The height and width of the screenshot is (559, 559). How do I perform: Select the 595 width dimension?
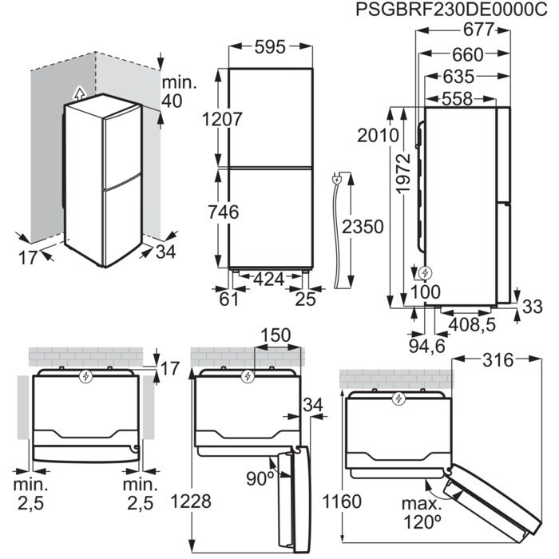tap(271, 48)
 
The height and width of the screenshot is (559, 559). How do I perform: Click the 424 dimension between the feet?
tap(269, 280)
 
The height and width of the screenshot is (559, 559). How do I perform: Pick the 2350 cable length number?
tap(363, 226)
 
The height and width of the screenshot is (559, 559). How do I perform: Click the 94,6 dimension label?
tap(426, 345)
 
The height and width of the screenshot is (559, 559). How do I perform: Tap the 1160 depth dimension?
tap(339, 502)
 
